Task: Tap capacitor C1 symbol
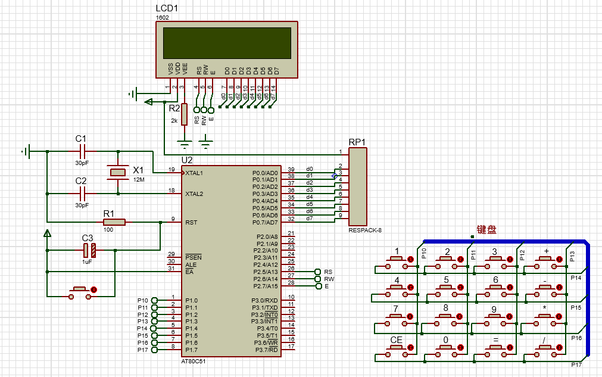coord(82,151)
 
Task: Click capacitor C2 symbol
coord(82,193)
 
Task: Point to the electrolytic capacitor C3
coord(89,250)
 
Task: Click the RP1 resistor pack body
coord(358,187)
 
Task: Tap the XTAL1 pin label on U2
coord(195,173)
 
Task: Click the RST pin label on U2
coord(191,222)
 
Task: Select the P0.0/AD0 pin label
coord(265,173)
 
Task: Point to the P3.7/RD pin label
coord(266,350)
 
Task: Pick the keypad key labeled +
coord(546,259)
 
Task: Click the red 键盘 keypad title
coord(486,230)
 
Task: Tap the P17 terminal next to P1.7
coord(155,350)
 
